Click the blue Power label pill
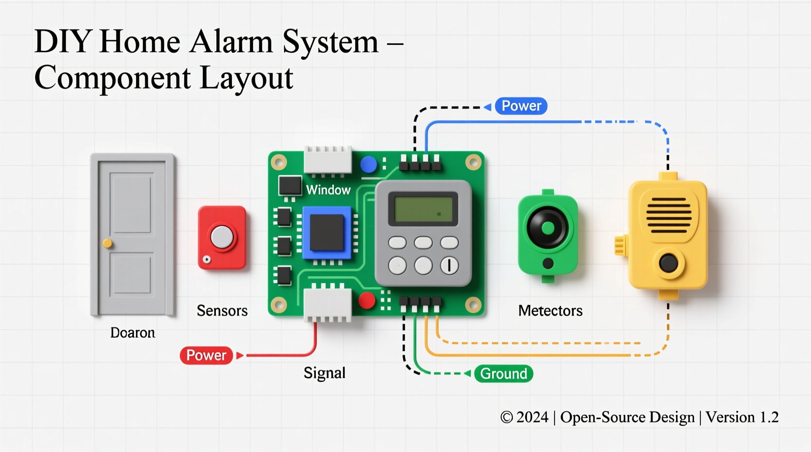(x=521, y=106)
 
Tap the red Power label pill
(x=206, y=355)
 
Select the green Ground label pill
(x=503, y=374)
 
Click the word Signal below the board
(x=324, y=373)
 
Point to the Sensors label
(x=222, y=311)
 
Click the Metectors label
(x=550, y=311)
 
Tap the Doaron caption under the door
(x=133, y=333)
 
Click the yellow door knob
(x=107, y=243)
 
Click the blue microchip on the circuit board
(x=327, y=233)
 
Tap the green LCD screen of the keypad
(x=423, y=209)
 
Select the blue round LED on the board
(x=368, y=165)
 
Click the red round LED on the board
(x=367, y=301)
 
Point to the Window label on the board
(x=328, y=190)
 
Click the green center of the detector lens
(x=548, y=227)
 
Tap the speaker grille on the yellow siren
(x=669, y=215)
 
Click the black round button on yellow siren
(x=668, y=264)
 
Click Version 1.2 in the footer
(x=742, y=417)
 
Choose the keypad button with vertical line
(x=449, y=265)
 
